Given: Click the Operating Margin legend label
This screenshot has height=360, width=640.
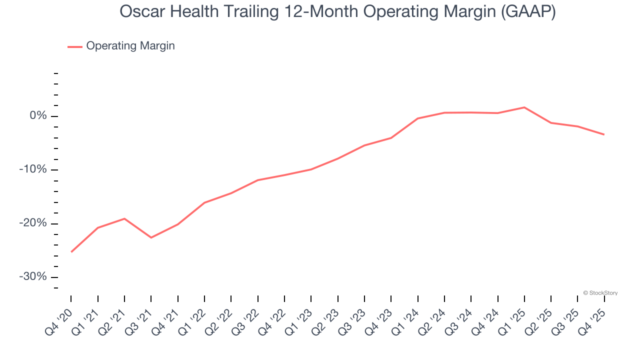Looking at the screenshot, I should (x=130, y=46).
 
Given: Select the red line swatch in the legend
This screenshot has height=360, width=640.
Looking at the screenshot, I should (x=75, y=46).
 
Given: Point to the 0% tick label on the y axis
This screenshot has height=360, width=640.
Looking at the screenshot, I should (x=38, y=116).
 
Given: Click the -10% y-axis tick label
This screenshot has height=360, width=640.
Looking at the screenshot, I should (x=32, y=169).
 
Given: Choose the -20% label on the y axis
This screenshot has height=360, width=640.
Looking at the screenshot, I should (x=32, y=223).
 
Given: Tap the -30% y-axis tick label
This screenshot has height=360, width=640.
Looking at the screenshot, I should (x=32, y=277).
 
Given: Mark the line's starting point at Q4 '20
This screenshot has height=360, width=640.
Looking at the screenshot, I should (x=71, y=252).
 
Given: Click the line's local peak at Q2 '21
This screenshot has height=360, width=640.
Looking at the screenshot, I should (x=124, y=218).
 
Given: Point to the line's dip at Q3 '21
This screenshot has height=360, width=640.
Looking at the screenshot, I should (x=151, y=237).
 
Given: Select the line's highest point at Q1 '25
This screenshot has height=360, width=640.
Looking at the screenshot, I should (x=524, y=107).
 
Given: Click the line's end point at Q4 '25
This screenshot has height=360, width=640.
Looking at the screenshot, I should (x=604, y=134).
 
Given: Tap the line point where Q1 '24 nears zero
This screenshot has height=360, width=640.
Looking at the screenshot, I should (x=417, y=118).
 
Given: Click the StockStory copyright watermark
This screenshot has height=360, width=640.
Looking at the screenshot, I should (x=600, y=293).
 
